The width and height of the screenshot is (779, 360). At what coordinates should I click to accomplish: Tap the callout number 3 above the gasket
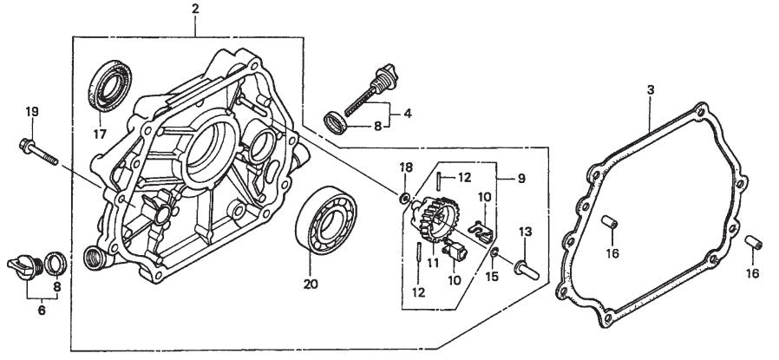650,89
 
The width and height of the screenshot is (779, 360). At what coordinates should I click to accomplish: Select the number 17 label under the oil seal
101,134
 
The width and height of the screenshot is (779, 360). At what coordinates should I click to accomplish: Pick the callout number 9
520,180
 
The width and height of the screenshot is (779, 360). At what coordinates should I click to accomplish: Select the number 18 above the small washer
407,167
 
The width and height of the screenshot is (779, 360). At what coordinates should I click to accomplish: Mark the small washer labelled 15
494,252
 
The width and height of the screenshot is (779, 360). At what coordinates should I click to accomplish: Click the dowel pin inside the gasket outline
612,224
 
